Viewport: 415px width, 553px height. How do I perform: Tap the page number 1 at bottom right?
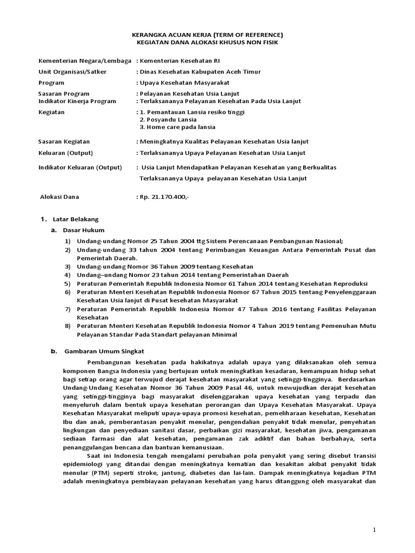374,530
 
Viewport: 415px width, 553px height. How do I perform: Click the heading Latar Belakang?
76,219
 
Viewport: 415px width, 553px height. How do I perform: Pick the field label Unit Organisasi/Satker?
72,72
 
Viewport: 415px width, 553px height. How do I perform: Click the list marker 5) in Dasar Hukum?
67,283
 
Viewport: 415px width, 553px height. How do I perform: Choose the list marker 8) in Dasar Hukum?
67,326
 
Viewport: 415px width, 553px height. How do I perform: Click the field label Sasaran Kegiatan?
64,141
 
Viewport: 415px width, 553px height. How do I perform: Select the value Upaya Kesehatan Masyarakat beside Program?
184,83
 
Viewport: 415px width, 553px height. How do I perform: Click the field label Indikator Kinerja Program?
77,101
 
